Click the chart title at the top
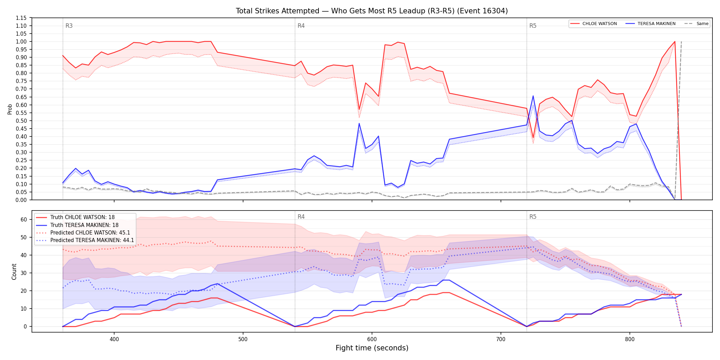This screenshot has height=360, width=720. (x=372, y=11)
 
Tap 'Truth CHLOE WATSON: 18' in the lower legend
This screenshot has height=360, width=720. (x=82, y=217)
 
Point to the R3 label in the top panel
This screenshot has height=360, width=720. (x=69, y=26)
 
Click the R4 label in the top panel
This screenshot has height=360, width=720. (x=301, y=26)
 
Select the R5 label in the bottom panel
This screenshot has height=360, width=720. (x=533, y=217)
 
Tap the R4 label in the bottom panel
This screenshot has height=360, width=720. (x=301, y=217)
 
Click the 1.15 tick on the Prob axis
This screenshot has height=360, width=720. (x=21, y=18)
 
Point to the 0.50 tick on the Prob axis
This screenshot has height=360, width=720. (x=21, y=121)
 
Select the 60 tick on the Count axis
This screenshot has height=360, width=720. (x=24, y=219)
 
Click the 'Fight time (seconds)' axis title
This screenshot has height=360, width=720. (x=372, y=348)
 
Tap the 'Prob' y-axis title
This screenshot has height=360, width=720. (x=10, y=109)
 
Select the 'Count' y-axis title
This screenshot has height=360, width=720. (x=14, y=272)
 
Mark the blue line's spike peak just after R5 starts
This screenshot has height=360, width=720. (x=533, y=96)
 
